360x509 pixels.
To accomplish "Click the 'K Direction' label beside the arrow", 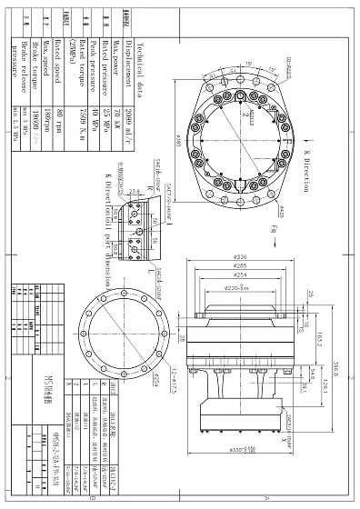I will coord(306,168).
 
